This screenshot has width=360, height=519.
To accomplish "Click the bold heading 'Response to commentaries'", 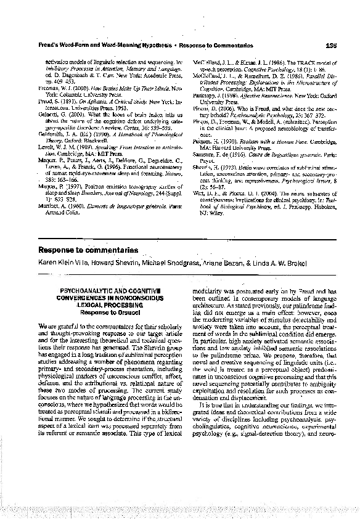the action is [88, 250].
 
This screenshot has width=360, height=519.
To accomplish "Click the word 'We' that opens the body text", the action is [43, 324].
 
